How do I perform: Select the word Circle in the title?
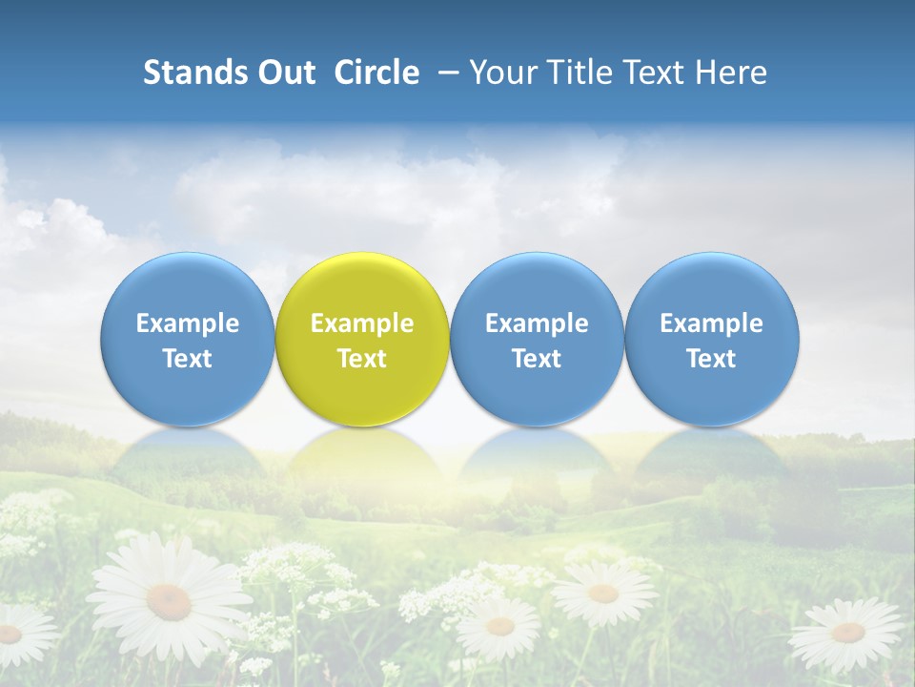(376, 73)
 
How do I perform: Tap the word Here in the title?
(731, 73)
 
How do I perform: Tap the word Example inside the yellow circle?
(362, 323)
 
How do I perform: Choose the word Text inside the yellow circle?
(362, 359)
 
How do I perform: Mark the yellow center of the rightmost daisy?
(847, 632)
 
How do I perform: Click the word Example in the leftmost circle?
(187, 323)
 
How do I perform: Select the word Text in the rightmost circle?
(712, 359)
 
